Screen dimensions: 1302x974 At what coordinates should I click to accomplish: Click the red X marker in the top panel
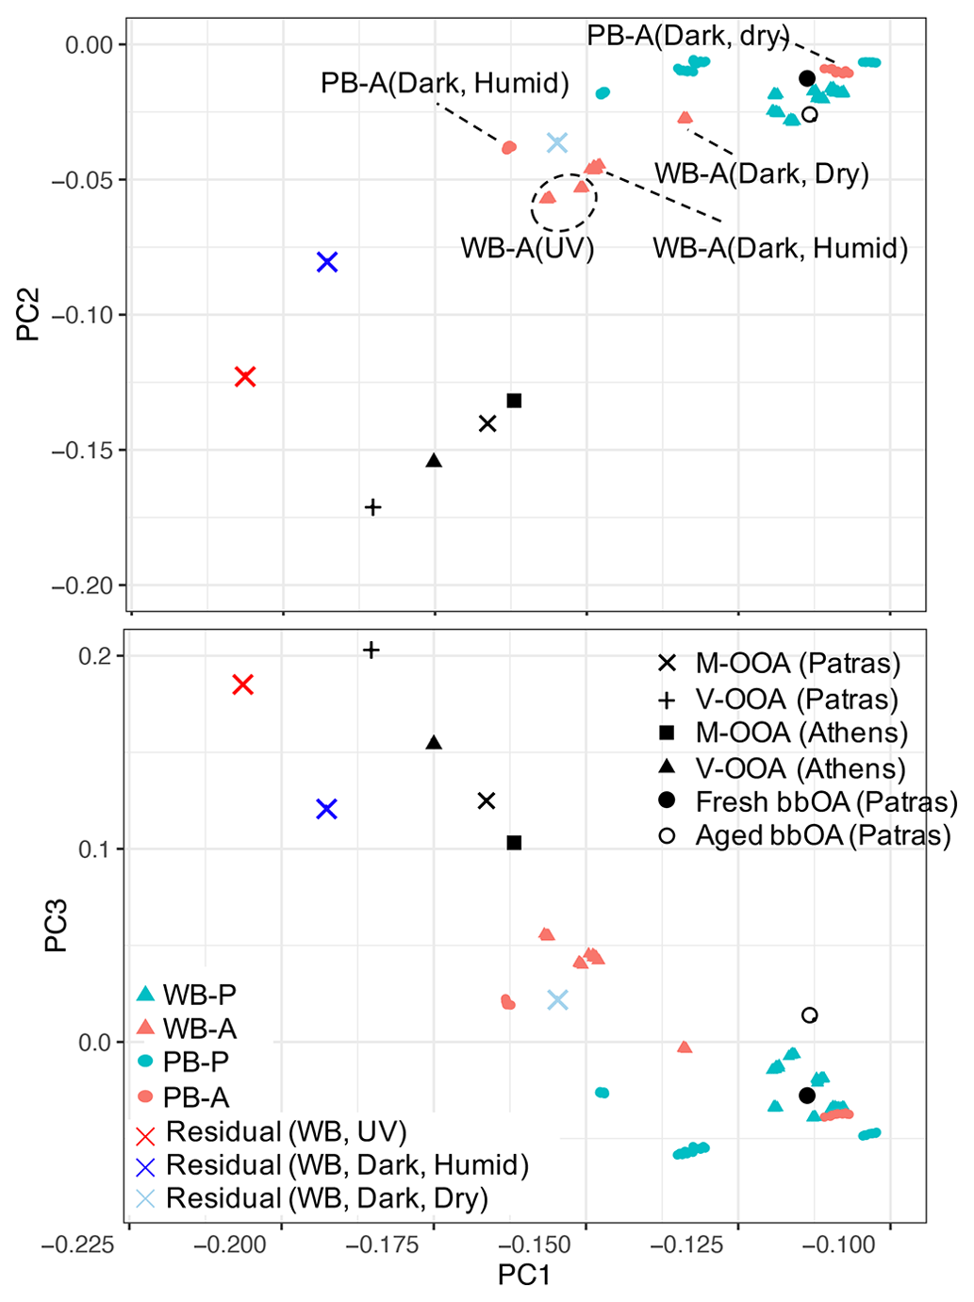245,376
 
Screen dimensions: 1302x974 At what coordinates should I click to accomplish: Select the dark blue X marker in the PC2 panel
327,262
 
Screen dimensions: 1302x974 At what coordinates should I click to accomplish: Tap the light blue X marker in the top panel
557,142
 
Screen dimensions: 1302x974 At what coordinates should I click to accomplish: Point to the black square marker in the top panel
514,401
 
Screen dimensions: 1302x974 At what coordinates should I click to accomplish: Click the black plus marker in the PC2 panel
373,507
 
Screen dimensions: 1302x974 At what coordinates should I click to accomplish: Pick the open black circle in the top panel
809,115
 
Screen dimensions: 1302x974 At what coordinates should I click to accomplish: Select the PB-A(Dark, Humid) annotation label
445,83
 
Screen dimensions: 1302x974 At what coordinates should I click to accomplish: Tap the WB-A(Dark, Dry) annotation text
762,173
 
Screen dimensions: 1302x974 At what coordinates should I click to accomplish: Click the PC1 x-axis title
524,1275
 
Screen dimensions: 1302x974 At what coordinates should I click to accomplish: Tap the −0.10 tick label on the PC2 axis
82,315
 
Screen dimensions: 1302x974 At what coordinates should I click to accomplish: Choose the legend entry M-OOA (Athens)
801,733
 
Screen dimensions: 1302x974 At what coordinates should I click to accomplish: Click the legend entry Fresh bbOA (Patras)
826,801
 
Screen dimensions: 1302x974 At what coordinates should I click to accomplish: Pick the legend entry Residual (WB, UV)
286,1131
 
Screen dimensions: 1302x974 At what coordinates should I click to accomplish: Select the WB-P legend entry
199,994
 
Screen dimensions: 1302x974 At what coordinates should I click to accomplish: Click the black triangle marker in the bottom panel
434,743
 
